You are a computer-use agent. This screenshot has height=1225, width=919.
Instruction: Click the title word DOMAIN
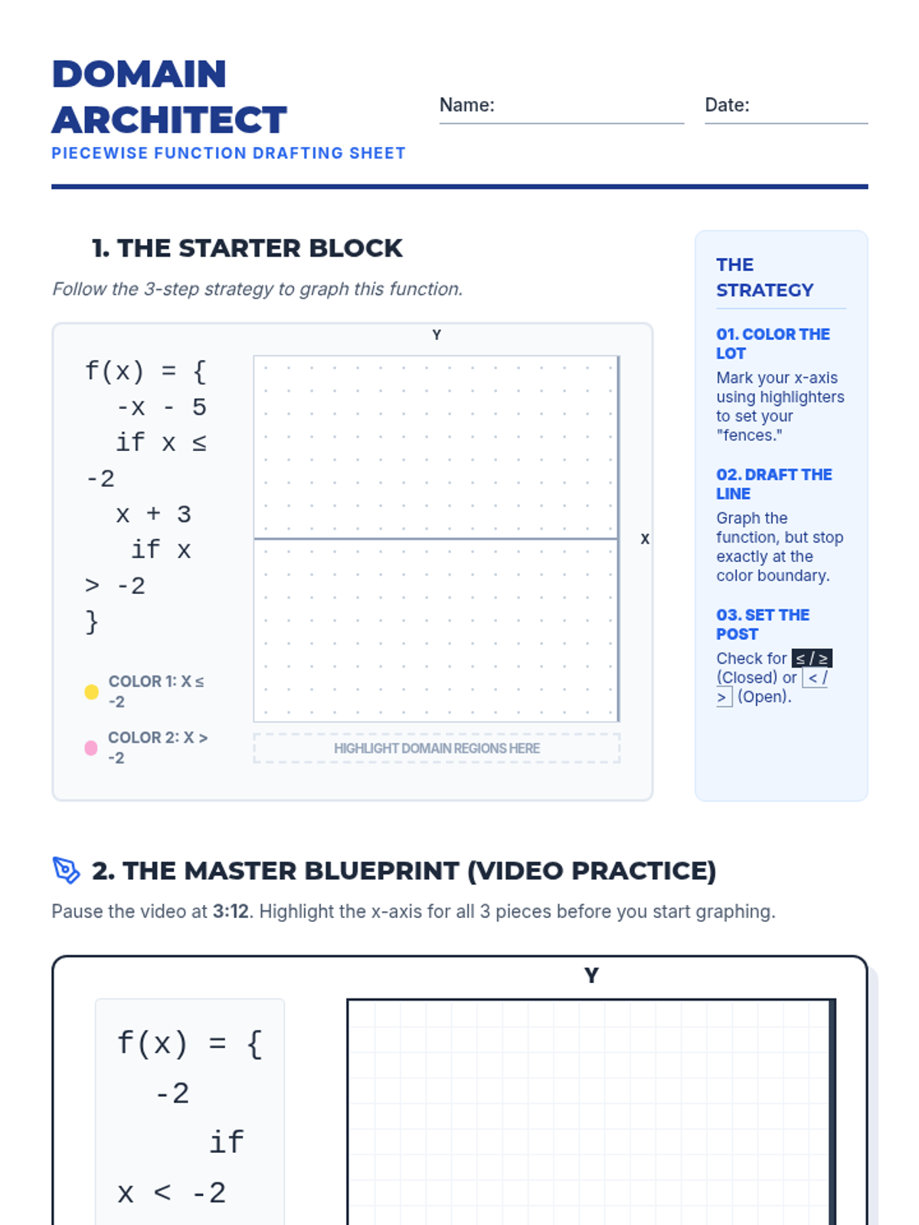tap(139, 73)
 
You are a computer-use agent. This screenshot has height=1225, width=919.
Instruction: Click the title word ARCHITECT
tap(169, 119)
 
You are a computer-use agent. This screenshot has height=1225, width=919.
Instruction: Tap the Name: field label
tap(467, 105)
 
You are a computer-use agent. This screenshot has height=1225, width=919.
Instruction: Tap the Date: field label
tap(727, 105)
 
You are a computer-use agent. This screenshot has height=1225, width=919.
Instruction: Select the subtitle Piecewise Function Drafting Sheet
tap(228, 153)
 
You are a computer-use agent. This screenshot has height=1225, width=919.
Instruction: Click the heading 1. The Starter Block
tap(247, 248)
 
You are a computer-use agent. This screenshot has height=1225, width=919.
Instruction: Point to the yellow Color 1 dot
tap(91, 692)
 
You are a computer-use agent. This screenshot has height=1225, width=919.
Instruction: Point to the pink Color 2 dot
tap(91, 748)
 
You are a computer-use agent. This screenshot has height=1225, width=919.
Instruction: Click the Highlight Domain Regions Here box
tap(437, 748)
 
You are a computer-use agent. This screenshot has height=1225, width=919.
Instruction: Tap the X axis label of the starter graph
tap(645, 539)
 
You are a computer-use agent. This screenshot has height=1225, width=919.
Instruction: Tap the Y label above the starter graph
tap(437, 335)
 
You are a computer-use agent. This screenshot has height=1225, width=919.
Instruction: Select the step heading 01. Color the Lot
tap(773, 344)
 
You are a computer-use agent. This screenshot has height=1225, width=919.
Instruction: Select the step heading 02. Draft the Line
tap(774, 484)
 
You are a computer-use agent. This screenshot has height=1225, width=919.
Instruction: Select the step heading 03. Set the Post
tap(763, 625)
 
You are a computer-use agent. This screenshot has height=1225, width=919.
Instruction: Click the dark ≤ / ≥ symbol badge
tap(812, 658)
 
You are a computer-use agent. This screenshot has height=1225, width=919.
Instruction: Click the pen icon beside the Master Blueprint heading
tap(67, 871)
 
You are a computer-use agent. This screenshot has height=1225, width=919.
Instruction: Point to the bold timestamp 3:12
tap(231, 911)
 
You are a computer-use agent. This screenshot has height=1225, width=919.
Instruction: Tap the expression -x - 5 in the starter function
tap(162, 407)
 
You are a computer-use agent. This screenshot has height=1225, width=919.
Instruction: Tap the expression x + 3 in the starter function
tap(153, 514)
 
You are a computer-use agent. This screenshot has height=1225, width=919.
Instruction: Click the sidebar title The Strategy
tap(764, 277)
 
